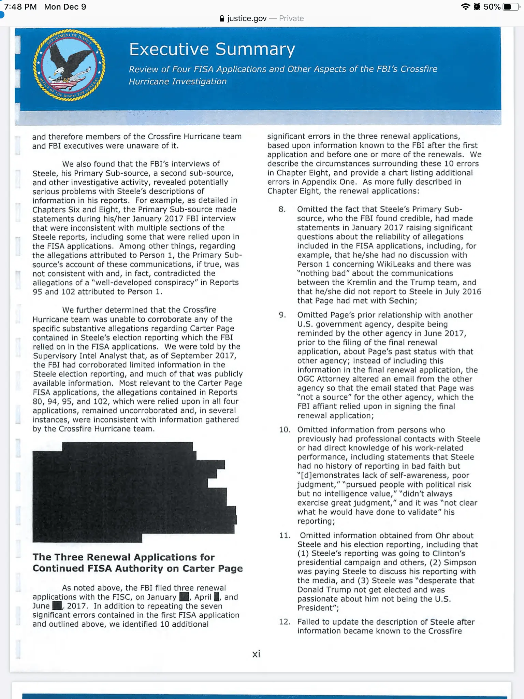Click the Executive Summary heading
point(212,49)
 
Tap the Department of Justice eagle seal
point(69,65)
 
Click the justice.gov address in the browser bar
point(247,18)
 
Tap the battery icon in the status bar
point(511,7)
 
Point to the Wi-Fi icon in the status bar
point(465,7)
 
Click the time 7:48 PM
point(20,7)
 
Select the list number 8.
point(282,209)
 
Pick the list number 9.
point(282,315)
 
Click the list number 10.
point(285,430)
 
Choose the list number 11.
point(285,536)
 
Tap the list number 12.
point(285,622)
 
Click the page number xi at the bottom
point(256,654)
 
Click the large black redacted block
point(130,491)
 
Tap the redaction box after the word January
point(184,597)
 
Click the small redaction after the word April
point(217,597)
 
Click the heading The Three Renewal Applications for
point(123,557)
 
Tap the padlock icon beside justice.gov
point(222,18)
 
